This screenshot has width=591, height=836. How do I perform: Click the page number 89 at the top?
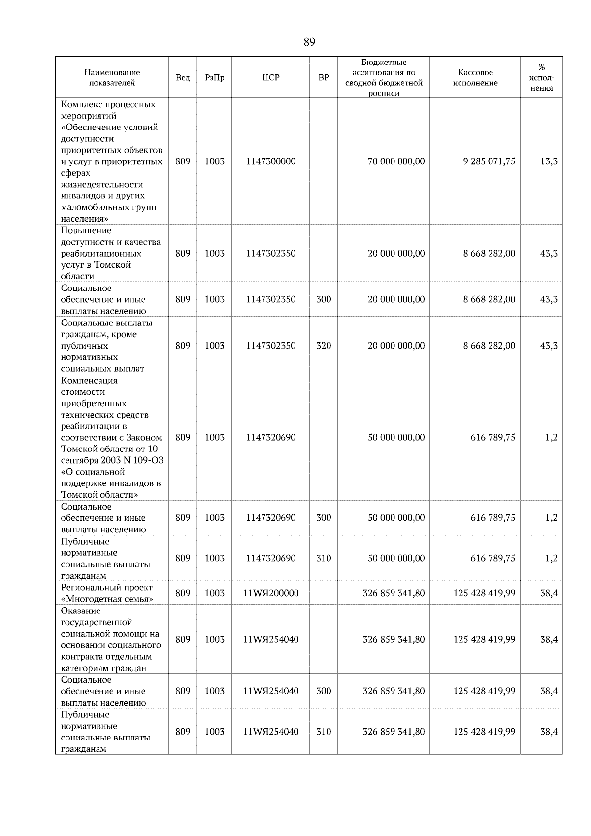[x=309, y=42]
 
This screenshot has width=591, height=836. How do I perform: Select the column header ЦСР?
[x=270, y=78]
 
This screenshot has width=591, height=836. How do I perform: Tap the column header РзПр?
[x=214, y=78]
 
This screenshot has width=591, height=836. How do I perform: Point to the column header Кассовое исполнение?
[x=475, y=78]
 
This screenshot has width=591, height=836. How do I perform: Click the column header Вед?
[x=183, y=78]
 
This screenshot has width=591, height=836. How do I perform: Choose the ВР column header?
[x=324, y=78]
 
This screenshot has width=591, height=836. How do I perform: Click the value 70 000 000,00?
[x=396, y=161]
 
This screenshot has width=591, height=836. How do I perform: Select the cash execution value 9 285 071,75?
[x=489, y=161]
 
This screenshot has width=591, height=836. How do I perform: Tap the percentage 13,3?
[x=549, y=161]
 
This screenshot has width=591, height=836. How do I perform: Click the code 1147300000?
[x=271, y=161]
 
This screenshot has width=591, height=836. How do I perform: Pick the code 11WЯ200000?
[x=271, y=593]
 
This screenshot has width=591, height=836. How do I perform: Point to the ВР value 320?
[x=324, y=346]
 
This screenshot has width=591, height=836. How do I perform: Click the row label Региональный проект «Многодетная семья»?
[x=107, y=593]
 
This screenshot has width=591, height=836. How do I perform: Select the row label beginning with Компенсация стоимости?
[x=111, y=437]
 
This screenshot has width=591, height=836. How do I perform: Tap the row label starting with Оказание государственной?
[x=110, y=639]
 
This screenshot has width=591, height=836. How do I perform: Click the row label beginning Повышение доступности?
[x=110, y=253]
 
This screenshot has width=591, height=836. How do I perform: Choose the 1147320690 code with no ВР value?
[x=271, y=437]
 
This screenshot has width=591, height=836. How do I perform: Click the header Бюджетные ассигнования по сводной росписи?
[x=384, y=78]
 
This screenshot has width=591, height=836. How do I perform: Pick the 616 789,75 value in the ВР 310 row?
[x=492, y=558]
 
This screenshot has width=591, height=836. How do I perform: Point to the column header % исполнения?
[x=541, y=78]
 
